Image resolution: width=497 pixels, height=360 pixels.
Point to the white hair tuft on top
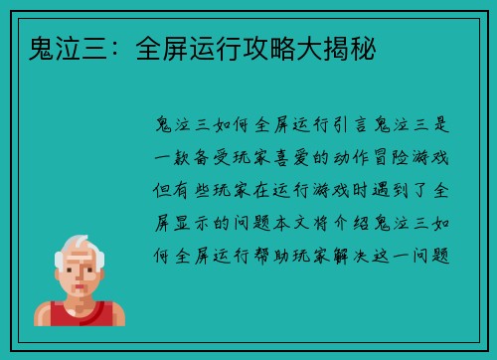[x=79, y=241]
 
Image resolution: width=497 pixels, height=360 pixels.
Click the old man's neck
[x=80, y=301]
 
